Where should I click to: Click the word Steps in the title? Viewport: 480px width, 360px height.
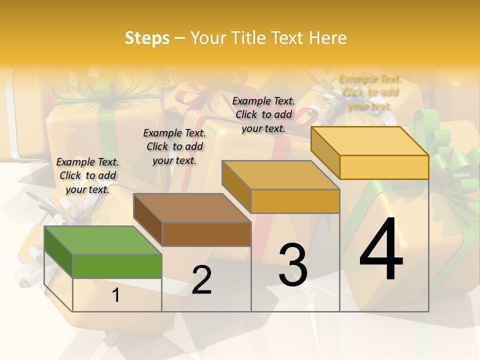coord(147,38)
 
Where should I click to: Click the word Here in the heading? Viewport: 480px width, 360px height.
coord(327,38)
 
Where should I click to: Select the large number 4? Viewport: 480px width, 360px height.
coord(381,249)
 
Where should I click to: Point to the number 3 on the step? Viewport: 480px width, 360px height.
coord(293,265)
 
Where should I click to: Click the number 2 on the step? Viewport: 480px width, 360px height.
coord(201,280)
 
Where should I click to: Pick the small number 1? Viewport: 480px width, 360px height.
coord(116,295)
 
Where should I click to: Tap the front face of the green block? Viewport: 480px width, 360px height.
coord(117,266)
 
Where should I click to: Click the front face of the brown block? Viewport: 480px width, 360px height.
coord(206,234)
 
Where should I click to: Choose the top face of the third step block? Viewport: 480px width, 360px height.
coord(280,175)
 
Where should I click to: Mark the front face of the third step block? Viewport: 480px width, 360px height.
coord(295,201)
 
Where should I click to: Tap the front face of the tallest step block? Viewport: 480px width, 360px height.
coord(384,167)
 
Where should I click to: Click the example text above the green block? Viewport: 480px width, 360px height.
coord(87,175)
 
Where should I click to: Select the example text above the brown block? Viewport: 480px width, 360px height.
coord(174,146)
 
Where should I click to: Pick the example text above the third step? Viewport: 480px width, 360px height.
coord(263,114)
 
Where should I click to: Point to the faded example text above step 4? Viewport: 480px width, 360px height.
coord(369,92)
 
